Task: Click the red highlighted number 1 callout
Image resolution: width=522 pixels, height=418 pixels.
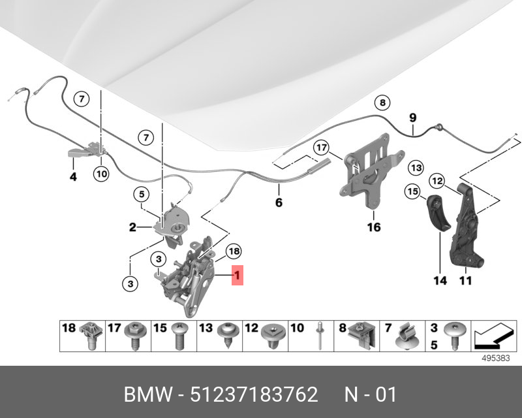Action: coord(238,276)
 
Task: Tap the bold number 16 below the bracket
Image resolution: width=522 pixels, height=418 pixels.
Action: coord(373,227)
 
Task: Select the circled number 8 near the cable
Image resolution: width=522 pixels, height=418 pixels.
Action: coord(382,103)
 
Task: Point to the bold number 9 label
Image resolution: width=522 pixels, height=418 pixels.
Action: coord(413,118)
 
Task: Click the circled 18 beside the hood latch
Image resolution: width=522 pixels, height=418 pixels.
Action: coord(234,251)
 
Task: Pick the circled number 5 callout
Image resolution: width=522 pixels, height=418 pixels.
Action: coord(142,194)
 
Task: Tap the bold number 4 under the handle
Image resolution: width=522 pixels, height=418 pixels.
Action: coord(73,176)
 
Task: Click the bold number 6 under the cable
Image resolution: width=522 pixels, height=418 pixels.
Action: coord(279,202)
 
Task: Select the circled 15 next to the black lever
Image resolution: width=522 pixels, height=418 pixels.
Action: coord(412,191)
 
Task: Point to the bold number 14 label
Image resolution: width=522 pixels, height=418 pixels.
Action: coord(440,281)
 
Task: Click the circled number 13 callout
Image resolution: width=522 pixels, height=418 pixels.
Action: coord(416,167)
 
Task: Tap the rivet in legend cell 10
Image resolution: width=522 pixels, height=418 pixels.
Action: coord(320,335)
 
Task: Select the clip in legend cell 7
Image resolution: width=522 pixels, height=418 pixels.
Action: coord(407,336)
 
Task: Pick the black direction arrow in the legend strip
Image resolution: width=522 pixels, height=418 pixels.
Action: coord(493,336)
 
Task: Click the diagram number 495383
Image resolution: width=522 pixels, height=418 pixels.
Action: coord(496,358)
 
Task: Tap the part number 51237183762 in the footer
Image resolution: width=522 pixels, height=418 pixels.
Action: coord(254,394)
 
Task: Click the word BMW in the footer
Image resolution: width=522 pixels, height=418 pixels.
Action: coord(149,394)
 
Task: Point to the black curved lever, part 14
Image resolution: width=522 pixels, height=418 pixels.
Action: coord(438,213)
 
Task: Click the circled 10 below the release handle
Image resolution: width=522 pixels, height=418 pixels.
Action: coord(102,173)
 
